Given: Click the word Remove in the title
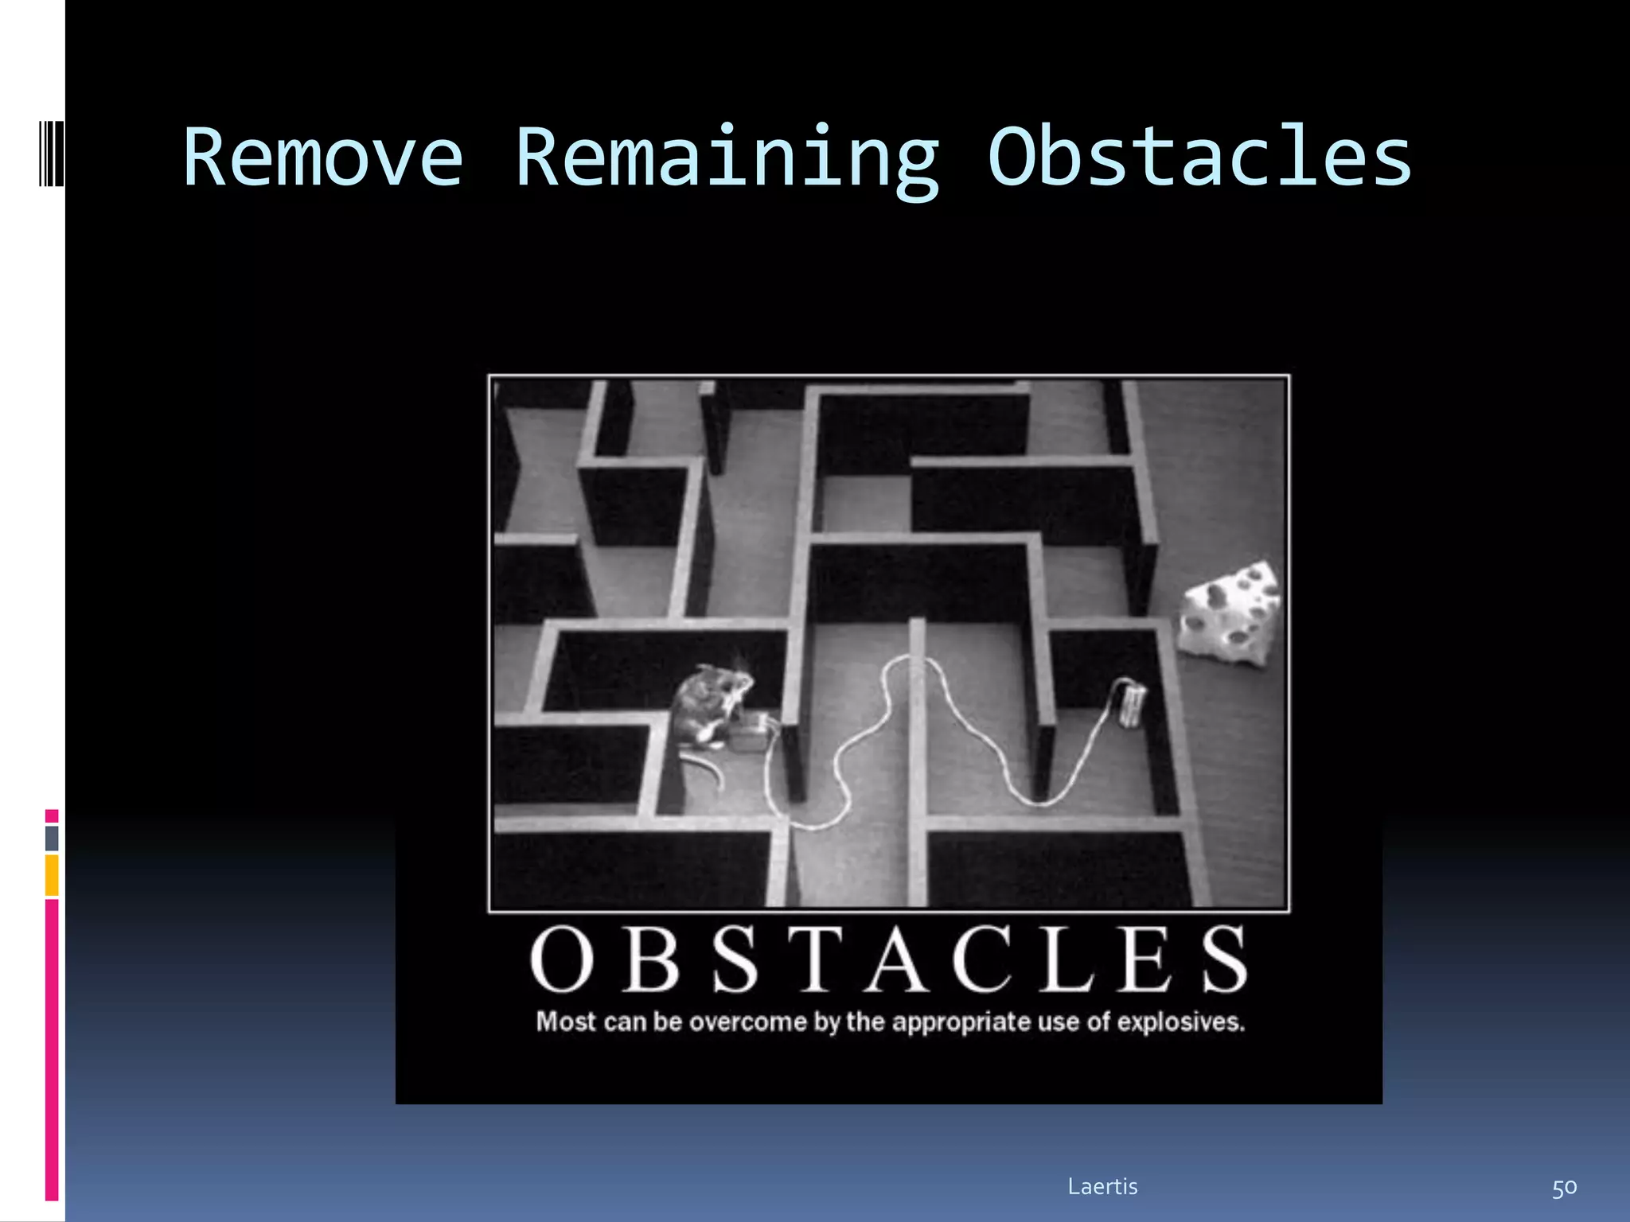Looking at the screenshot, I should (322, 158).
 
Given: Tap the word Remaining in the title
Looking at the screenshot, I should (727, 158).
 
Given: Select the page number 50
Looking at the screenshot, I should (1563, 1188).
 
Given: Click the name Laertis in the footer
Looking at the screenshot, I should (1102, 1186).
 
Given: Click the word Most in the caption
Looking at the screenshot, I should (565, 1022).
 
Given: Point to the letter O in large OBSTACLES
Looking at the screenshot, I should (562, 960).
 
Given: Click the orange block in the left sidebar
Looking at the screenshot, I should (52, 874).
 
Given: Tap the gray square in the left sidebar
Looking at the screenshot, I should (52, 838).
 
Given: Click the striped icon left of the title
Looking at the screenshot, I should (51, 153).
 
